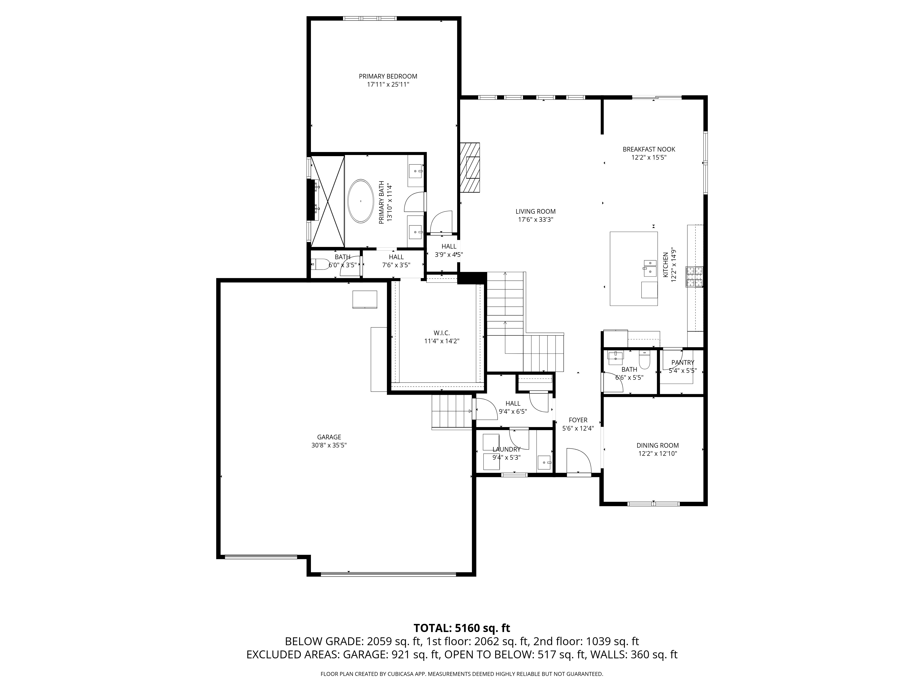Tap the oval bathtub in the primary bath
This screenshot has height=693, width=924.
click(360, 201)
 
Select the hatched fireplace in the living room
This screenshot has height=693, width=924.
click(470, 167)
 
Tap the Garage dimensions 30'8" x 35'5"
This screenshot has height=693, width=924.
click(329, 445)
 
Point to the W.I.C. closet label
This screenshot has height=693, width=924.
click(441, 333)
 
